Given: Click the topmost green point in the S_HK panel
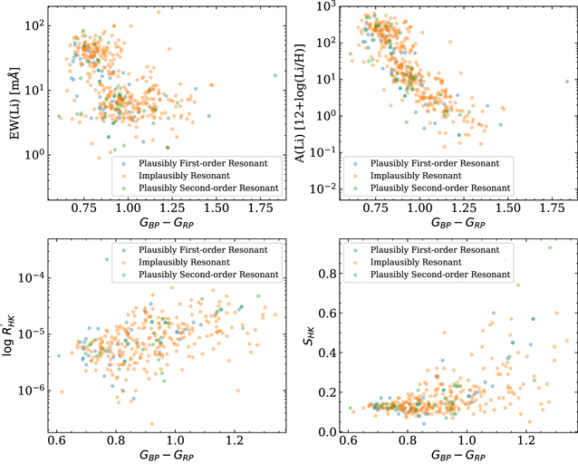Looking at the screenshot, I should [x=548, y=248].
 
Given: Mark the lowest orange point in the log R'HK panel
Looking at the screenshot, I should [x=152, y=423].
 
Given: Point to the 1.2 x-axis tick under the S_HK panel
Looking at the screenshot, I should [x=525, y=438].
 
